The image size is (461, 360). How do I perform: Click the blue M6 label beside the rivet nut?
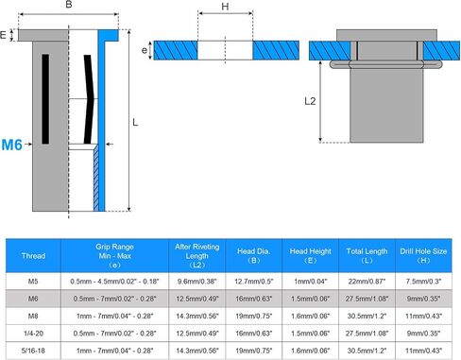pyautogui.click(x=11, y=145)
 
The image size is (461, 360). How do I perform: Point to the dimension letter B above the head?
pyautogui.click(x=69, y=5)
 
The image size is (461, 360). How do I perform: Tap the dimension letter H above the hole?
pyautogui.click(x=225, y=7)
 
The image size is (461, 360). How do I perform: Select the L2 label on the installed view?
pyautogui.click(x=310, y=101)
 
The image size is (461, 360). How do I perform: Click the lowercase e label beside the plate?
pyautogui.click(x=145, y=50)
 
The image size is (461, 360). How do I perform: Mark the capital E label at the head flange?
pyautogui.click(x=3, y=35)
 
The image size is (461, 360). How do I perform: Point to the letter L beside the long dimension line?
pyautogui.click(x=135, y=122)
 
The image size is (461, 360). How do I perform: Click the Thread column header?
pyautogui.click(x=33, y=256)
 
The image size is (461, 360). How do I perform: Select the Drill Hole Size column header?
pyautogui.click(x=423, y=256)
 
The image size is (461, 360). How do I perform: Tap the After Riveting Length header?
pyautogui.click(x=197, y=256)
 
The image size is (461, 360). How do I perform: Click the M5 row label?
pyautogui.click(x=33, y=282)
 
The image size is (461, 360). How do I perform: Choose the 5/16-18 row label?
pyautogui.click(x=33, y=351)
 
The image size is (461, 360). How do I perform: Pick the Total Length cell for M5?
pyautogui.click(x=367, y=282)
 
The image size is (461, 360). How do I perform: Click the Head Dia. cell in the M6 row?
pyautogui.click(x=254, y=299)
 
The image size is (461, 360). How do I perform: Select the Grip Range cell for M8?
pyautogui.click(x=114, y=316)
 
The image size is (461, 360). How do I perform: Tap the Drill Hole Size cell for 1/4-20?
pyautogui.click(x=423, y=334)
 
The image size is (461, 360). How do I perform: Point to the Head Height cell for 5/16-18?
pyautogui.click(x=310, y=351)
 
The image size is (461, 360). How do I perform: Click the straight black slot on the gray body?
pyautogui.click(x=45, y=99)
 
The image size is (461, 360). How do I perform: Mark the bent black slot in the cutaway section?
pyautogui.click(x=89, y=99)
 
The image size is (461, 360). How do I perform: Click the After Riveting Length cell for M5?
pyautogui.click(x=197, y=282)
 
